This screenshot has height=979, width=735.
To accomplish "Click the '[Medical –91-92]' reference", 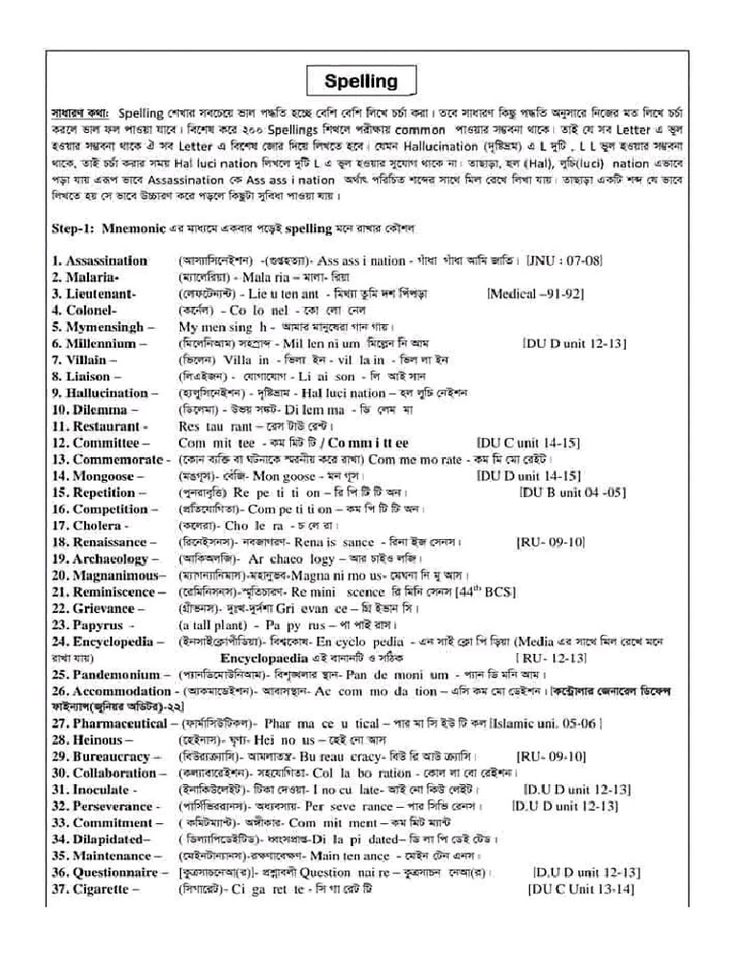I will click(x=536, y=294).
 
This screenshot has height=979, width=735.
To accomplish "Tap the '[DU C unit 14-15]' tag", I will click(x=528, y=443).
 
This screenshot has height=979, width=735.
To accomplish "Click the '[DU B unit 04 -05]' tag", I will click(x=572, y=492).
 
